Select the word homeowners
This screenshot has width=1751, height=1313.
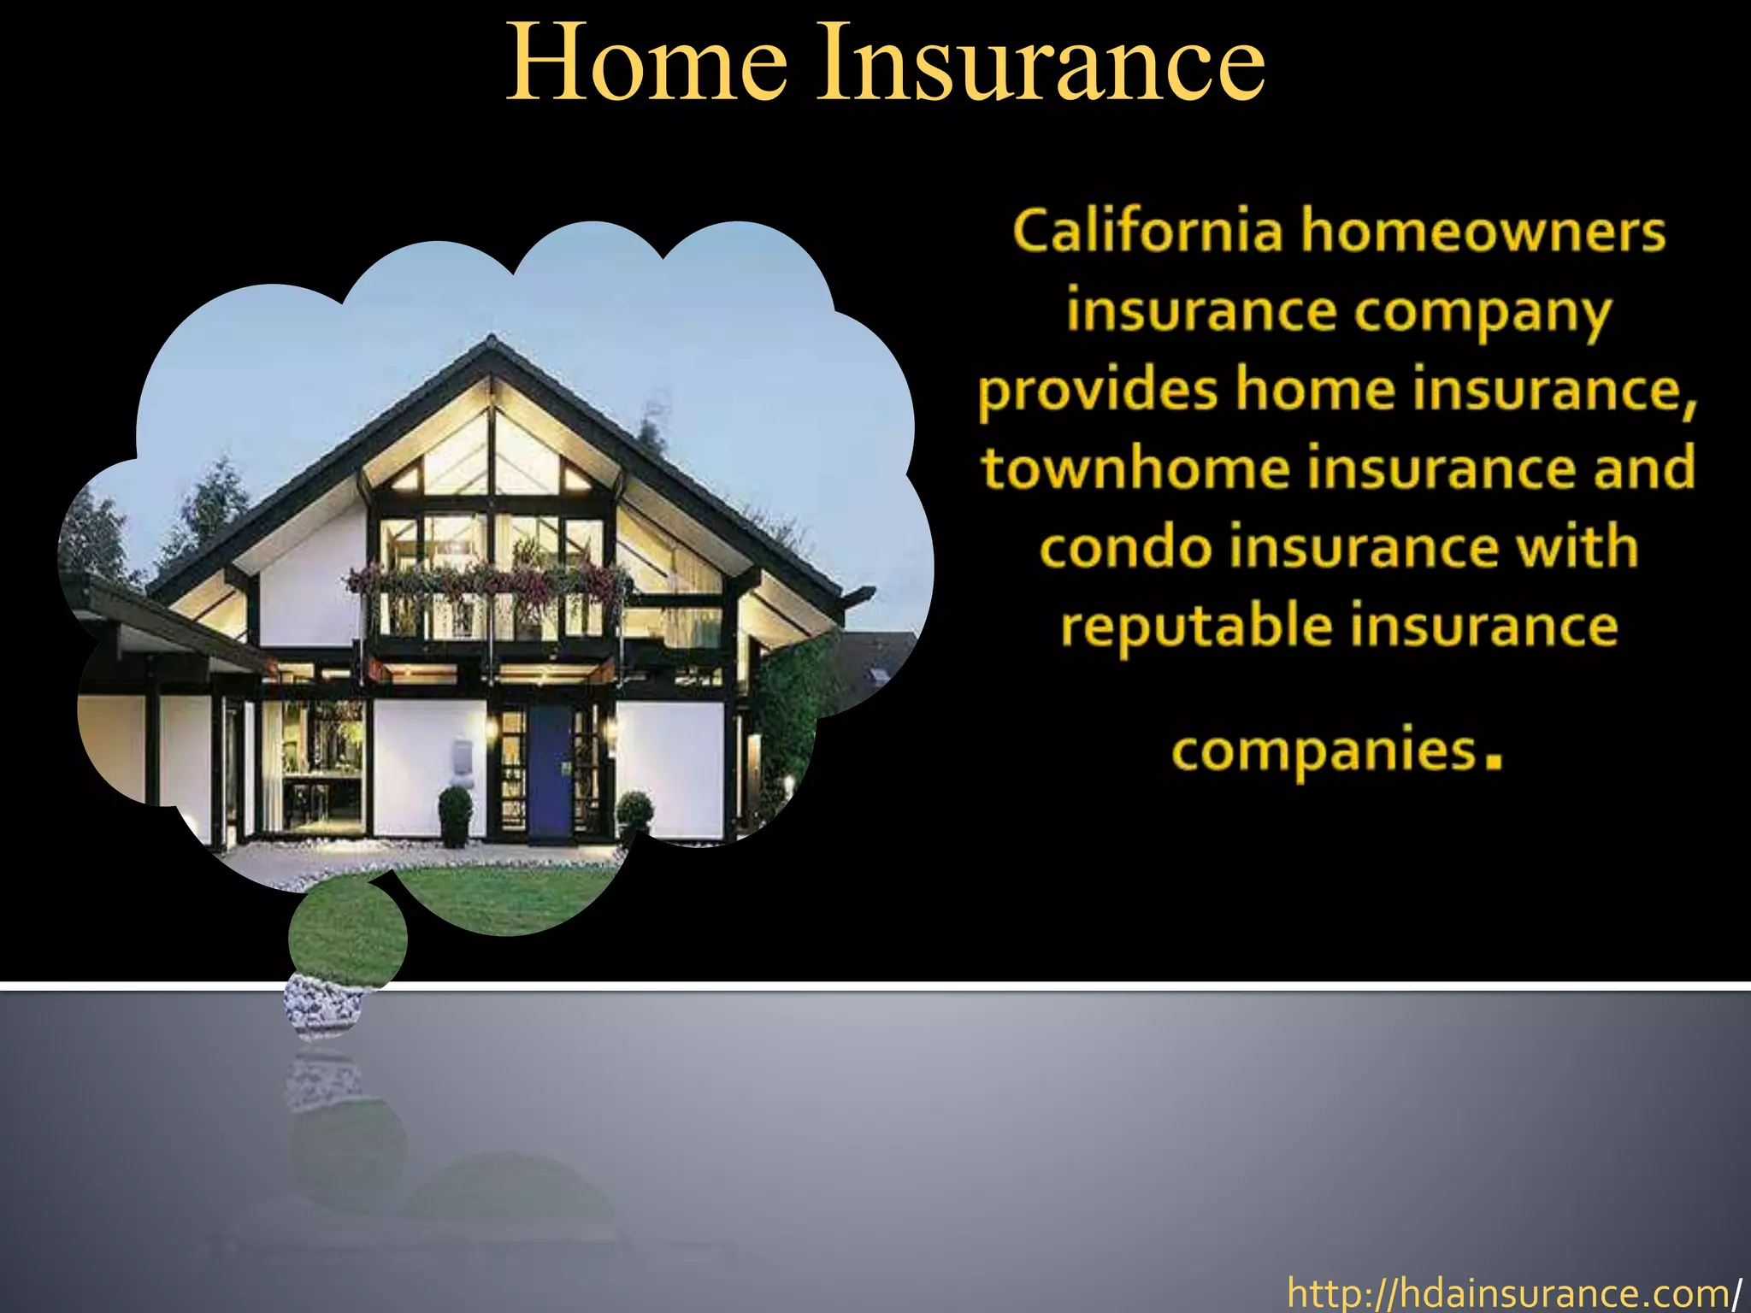pyautogui.click(x=1483, y=232)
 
